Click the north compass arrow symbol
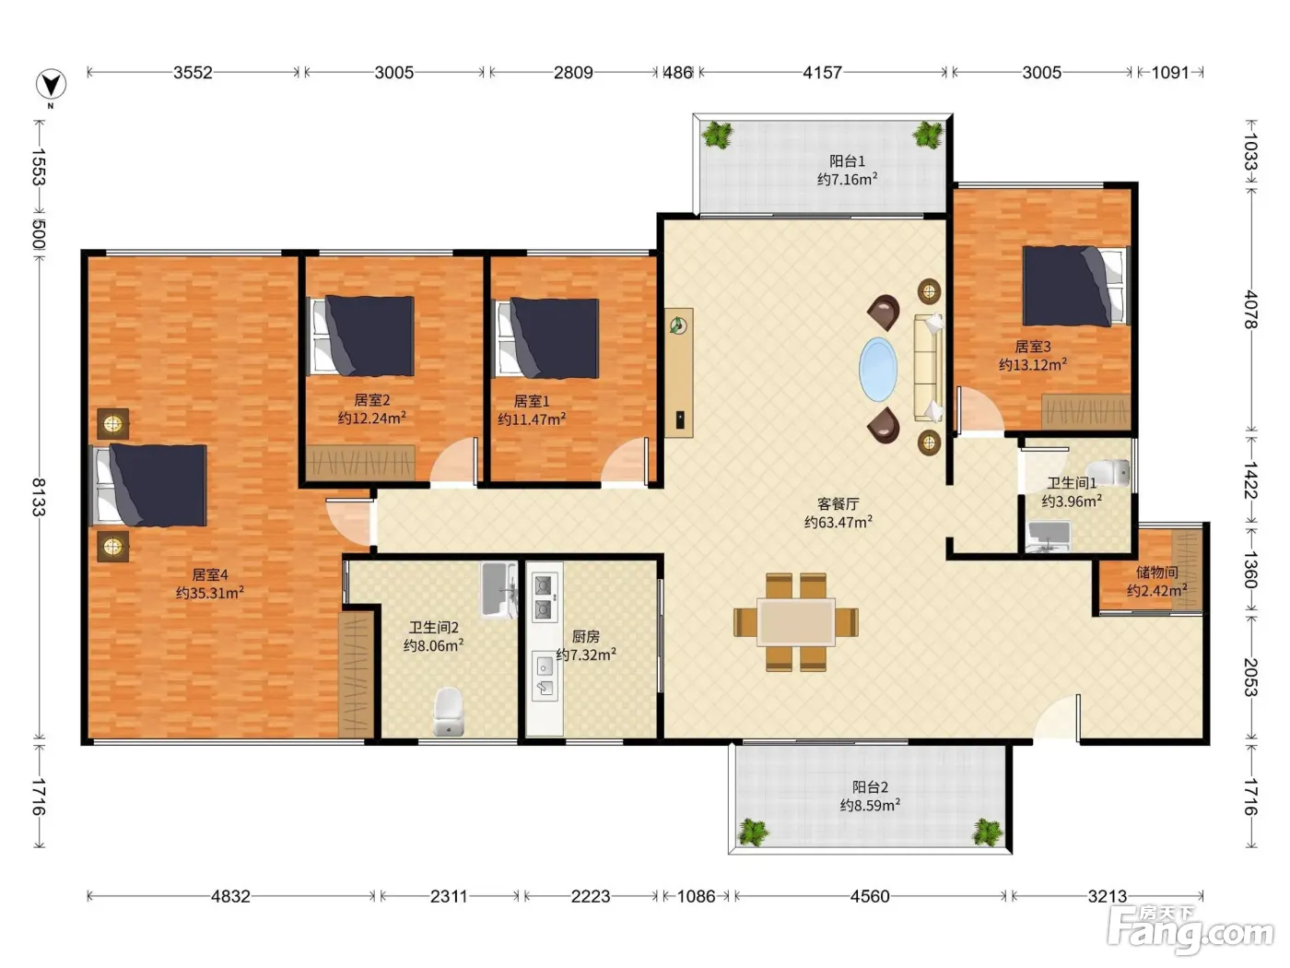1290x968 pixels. pyautogui.click(x=51, y=85)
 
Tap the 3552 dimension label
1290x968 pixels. pyautogui.click(x=193, y=72)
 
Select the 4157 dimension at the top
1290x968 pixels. pyautogui.click(x=822, y=72)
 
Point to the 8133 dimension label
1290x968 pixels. pyautogui.click(x=39, y=497)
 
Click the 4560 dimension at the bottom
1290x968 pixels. pyautogui.click(x=870, y=896)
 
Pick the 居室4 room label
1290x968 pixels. pyautogui.click(x=210, y=574)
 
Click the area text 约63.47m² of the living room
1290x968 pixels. pyautogui.click(x=838, y=522)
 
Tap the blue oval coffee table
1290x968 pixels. pyautogui.click(x=878, y=369)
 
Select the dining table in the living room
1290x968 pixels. pyautogui.click(x=796, y=621)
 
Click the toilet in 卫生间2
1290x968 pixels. pyautogui.click(x=449, y=712)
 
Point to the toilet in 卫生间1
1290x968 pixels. pyautogui.click(x=1108, y=473)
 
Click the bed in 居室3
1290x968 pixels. pyautogui.click(x=1076, y=286)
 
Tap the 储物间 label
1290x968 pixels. pyautogui.click(x=1156, y=572)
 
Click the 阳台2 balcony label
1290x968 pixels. pyautogui.click(x=870, y=786)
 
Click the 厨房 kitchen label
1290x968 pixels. pyautogui.click(x=586, y=636)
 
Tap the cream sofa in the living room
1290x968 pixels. pyautogui.click(x=929, y=368)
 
